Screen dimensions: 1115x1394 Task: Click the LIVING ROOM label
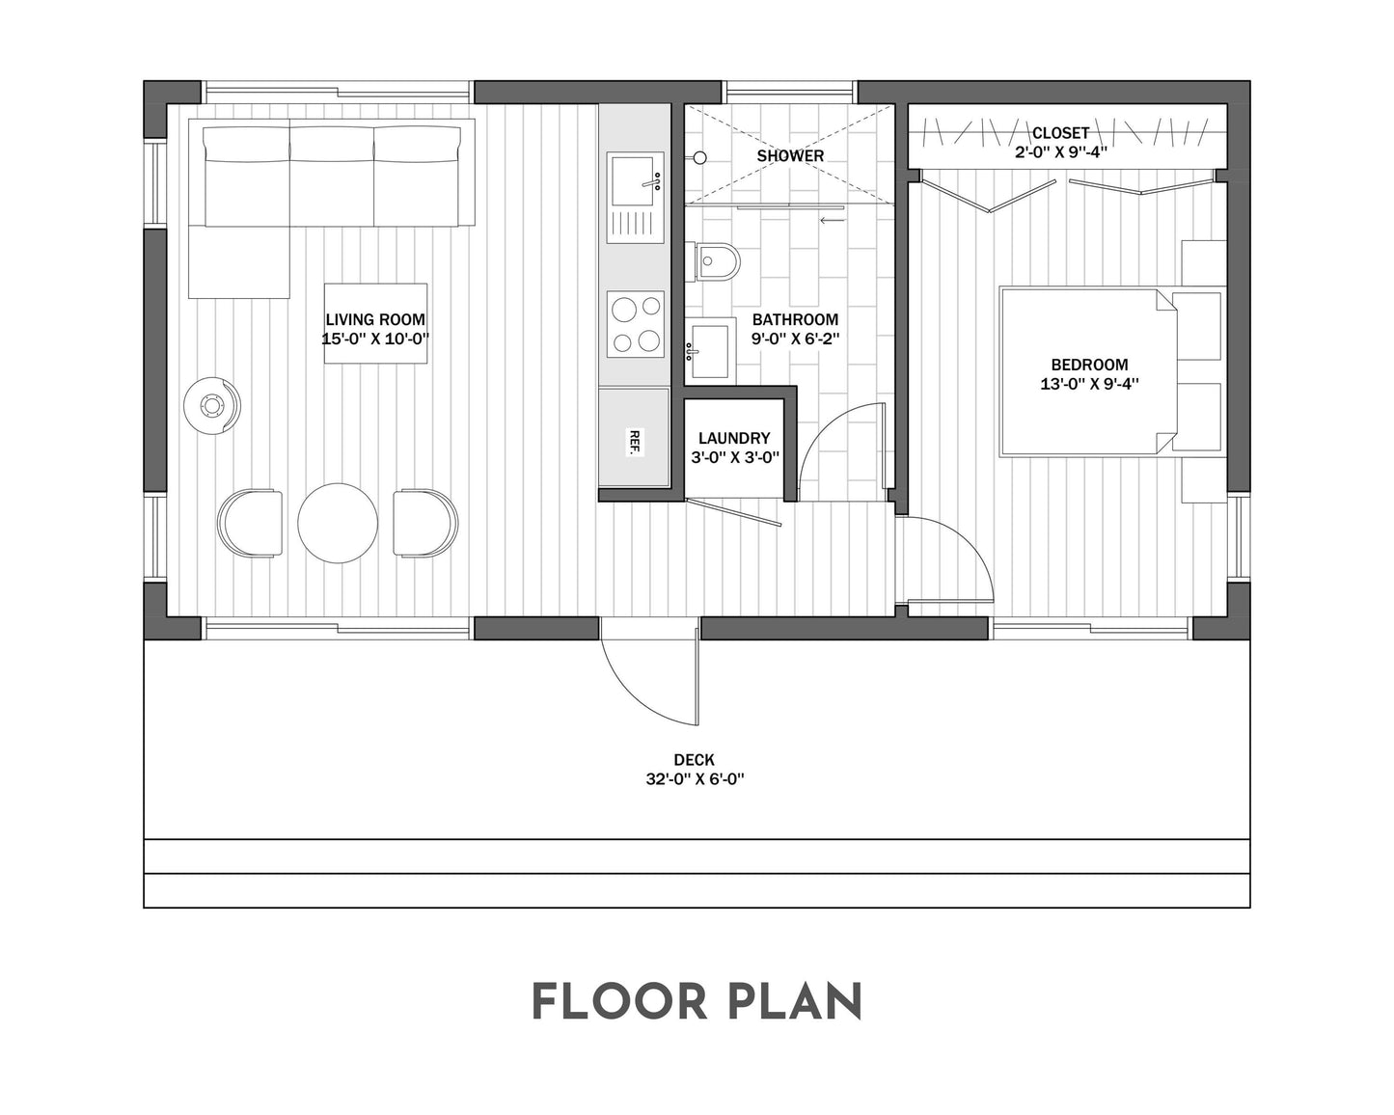(375, 320)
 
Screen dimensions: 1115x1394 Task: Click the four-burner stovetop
(635, 324)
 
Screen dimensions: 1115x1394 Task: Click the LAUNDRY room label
(734, 438)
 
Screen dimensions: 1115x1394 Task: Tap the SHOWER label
(790, 155)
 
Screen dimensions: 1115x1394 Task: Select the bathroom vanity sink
(709, 352)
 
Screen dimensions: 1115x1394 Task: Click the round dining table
(338, 523)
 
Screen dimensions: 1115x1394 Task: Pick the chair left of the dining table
(251, 523)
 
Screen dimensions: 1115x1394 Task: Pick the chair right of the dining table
(425, 523)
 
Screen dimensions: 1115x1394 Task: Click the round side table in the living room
(211, 405)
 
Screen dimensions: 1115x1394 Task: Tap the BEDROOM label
(1089, 365)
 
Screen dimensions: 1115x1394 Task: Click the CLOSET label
(1060, 133)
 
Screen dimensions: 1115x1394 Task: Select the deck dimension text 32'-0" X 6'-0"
(695, 779)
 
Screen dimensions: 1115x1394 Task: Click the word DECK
(695, 760)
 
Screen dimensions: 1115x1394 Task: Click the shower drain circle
(700, 156)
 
